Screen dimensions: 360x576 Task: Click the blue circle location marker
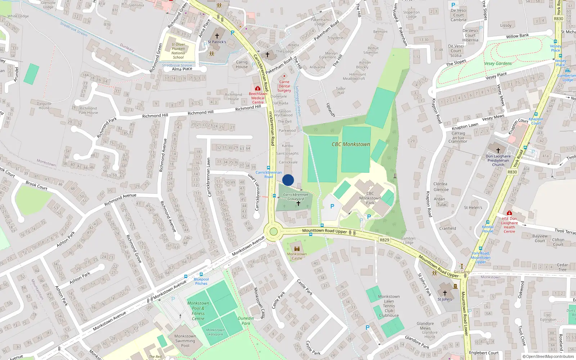pos(288,180)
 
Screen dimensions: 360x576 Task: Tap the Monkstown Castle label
pos(297,256)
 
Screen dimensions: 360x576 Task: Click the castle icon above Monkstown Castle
pos(297,249)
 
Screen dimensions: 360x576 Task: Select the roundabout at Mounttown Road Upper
pos(274,231)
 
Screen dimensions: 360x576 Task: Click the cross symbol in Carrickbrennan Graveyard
pos(298,204)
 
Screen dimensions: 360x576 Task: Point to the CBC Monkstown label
pos(351,144)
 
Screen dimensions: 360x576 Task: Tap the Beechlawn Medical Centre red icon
pos(258,88)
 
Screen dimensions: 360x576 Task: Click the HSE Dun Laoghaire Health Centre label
pos(509,225)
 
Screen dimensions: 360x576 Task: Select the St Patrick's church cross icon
pos(217,36)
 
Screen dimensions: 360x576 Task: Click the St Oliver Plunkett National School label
pos(178,51)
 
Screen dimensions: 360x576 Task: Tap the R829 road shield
pos(384,240)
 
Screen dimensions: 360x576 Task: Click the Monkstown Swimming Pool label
pos(185,341)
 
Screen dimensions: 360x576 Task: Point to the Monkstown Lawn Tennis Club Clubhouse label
pos(389,306)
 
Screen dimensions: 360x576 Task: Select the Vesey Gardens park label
pos(498,64)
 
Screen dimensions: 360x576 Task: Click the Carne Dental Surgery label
pos(284,86)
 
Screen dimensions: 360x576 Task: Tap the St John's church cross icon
pos(445,293)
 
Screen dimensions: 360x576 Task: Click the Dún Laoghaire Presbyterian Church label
pos(498,161)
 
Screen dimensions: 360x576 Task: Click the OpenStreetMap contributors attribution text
pos(548,357)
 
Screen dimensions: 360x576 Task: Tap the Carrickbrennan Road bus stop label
pos(269,175)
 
